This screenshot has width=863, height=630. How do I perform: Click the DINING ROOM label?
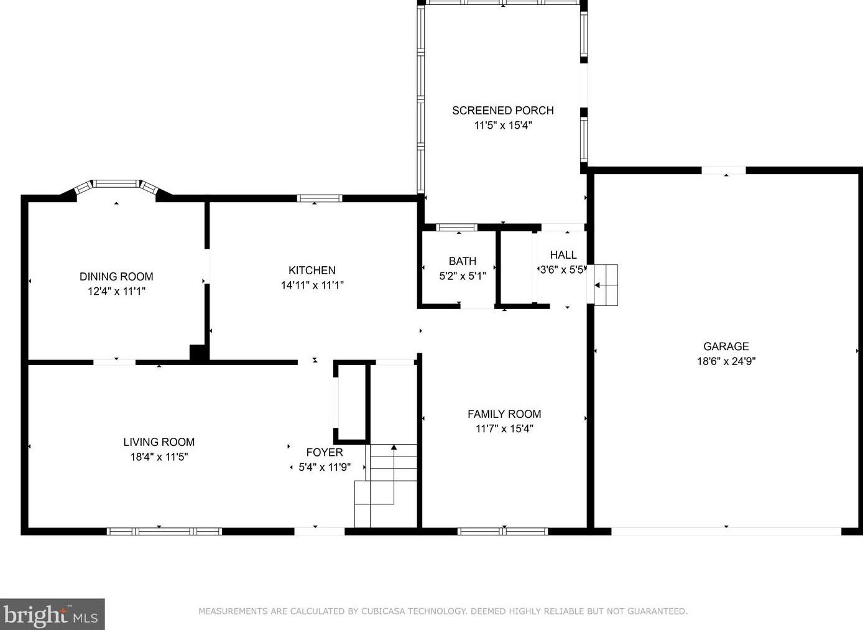tap(116, 276)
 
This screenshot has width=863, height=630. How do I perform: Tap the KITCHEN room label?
tap(312, 270)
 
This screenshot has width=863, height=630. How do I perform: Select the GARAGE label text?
tap(726, 346)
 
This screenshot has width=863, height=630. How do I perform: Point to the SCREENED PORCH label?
tap(503, 111)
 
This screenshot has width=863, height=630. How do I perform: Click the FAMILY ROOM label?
tap(504, 414)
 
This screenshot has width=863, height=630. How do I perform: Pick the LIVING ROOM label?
tap(159, 442)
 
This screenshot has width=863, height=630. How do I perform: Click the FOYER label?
tap(325, 452)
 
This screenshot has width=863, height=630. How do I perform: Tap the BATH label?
tap(463, 261)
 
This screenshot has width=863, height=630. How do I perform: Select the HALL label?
tap(563, 255)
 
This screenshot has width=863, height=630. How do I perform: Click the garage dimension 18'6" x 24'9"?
tap(726, 361)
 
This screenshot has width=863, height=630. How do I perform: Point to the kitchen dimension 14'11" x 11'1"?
tap(312, 285)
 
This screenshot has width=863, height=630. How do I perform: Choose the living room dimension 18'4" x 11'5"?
tap(159, 457)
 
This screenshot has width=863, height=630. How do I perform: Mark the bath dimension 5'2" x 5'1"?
tap(463, 276)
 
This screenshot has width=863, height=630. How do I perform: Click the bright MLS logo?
tap(52, 614)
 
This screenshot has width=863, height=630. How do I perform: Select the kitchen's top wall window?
tap(320, 198)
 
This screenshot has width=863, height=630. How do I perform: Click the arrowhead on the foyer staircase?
tap(394, 447)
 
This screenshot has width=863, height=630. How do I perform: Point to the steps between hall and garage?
tap(606, 285)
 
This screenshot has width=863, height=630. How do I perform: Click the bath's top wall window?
tap(456, 228)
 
